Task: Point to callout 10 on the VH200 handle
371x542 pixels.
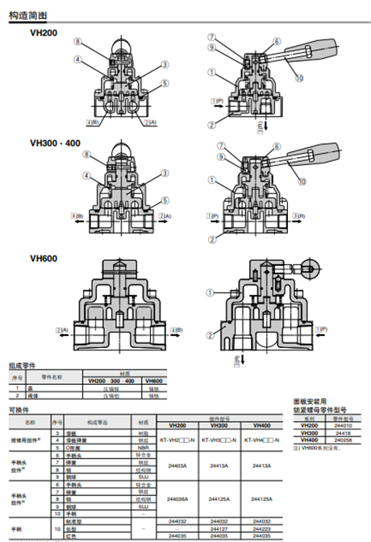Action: (299, 78)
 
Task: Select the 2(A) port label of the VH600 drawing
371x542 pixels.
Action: (60, 329)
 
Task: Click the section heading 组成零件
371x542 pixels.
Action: (22, 365)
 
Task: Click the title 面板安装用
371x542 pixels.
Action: (309, 401)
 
